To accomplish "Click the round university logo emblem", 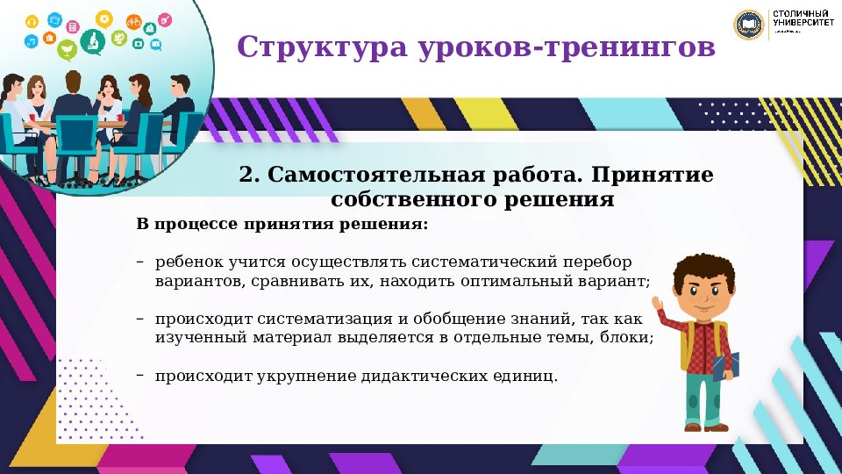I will pos(749,25).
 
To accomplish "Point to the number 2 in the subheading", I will pos(246,175).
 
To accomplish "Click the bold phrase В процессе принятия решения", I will pos(282,225).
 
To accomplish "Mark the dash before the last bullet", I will pos(140,375).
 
